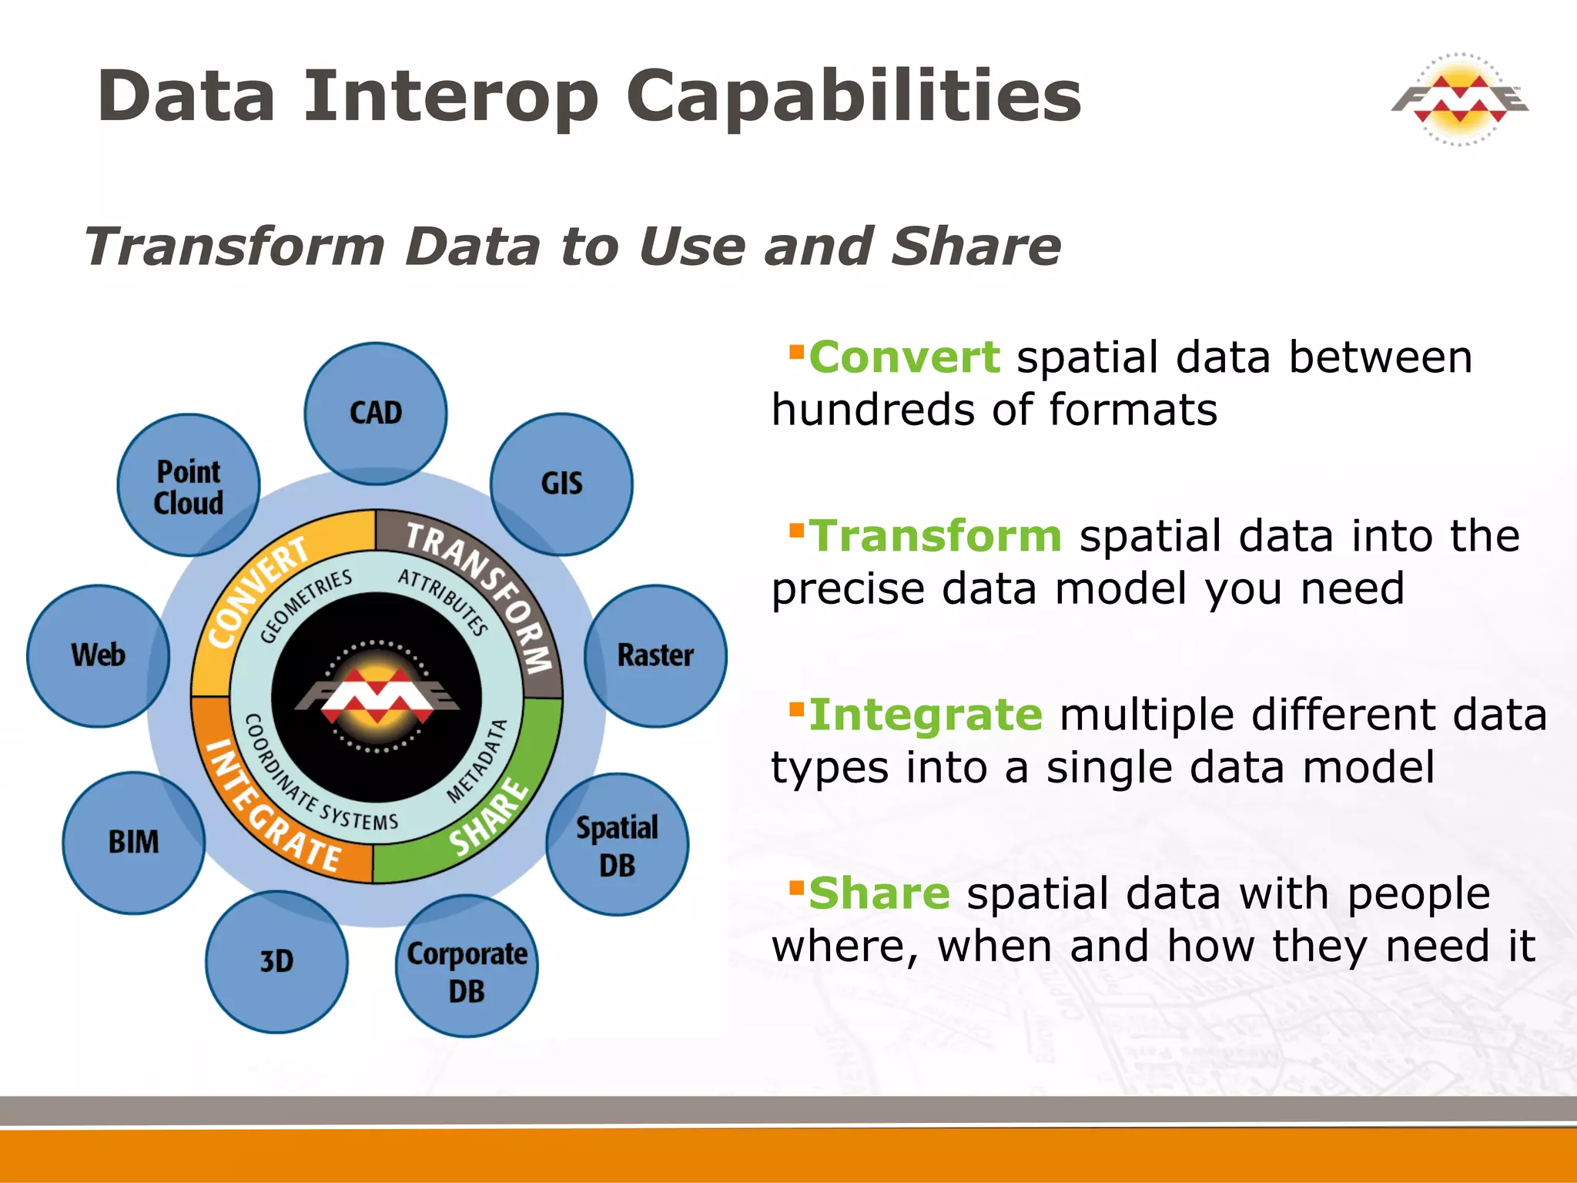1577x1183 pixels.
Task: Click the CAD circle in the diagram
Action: pos(375,414)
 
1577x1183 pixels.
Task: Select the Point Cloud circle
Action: pos(188,486)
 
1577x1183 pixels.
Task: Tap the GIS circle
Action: pos(561,484)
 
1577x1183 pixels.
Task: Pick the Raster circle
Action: pos(655,655)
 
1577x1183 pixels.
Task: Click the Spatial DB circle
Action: pos(617,845)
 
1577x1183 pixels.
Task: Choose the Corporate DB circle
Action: pos(467,967)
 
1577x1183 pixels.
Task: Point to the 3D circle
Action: pos(276,962)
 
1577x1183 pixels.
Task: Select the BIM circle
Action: pos(133,843)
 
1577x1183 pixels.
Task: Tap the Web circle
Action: pos(98,655)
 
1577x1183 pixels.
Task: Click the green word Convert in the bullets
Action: pos(904,358)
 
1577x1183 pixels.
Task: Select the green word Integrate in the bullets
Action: pos(926,715)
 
